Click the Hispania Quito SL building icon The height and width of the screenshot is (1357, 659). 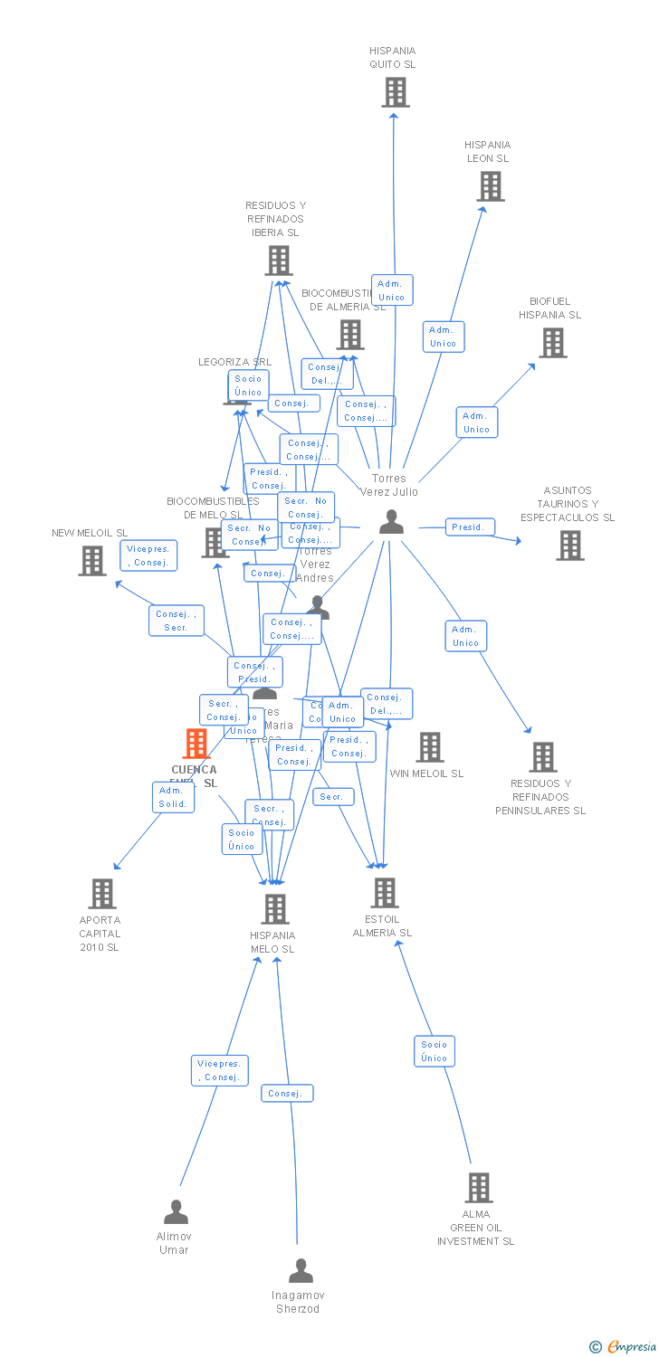pyautogui.click(x=395, y=92)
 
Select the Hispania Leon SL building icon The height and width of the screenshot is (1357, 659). pyautogui.click(x=490, y=186)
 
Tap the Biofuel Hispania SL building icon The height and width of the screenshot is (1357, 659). pyautogui.click(x=553, y=343)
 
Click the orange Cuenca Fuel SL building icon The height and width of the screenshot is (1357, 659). pyautogui.click(x=196, y=744)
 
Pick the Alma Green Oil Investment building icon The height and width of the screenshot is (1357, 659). pyautogui.click(x=478, y=1188)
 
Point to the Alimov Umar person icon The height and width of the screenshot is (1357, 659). pyautogui.click(x=176, y=1211)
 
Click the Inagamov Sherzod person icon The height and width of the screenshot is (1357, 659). pyautogui.click(x=301, y=1271)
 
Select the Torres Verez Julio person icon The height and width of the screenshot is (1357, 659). pyautogui.click(x=391, y=522)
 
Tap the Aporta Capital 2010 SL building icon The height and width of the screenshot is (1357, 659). pyautogui.click(x=102, y=894)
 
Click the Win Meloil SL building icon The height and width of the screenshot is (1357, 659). pyautogui.click(x=430, y=747)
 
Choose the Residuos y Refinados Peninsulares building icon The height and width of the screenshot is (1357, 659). pyautogui.click(x=542, y=757)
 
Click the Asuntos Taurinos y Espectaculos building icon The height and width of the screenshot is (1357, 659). pyautogui.click(x=569, y=546)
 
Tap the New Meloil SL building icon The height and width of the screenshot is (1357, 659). pyautogui.click(x=92, y=561)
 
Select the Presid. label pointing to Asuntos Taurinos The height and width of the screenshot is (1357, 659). pyautogui.click(x=470, y=527)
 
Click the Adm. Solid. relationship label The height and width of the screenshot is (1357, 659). pyautogui.click(x=172, y=797)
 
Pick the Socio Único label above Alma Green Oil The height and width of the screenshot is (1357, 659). pyautogui.click(x=434, y=1050)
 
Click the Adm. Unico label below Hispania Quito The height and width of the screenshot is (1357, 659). pyautogui.click(x=391, y=290)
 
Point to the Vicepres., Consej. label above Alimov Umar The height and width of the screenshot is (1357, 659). pyautogui.click(x=220, y=1070)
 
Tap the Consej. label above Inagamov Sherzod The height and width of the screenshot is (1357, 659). pyautogui.click(x=287, y=1093)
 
